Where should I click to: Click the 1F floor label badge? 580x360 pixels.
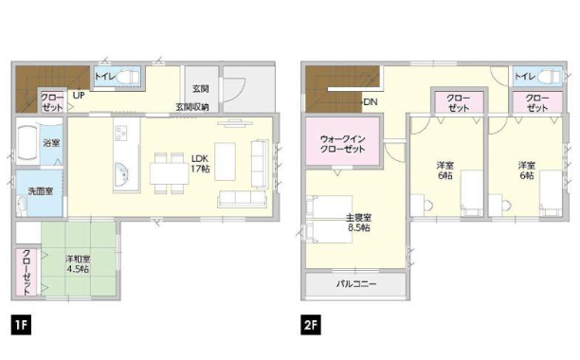click(x=21, y=325)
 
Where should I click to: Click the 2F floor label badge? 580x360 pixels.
click(x=311, y=325)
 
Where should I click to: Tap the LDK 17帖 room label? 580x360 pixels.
click(x=200, y=164)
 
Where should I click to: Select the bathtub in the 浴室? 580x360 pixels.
click(x=27, y=143)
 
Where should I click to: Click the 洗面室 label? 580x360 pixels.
click(x=41, y=191)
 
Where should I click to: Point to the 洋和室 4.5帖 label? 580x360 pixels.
click(x=78, y=264)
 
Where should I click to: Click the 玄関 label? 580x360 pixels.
click(x=201, y=89)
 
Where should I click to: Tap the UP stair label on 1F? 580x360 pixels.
click(x=79, y=96)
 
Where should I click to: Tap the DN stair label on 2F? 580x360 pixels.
click(x=371, y=101)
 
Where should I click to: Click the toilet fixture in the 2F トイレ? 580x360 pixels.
click(x=549, y=77)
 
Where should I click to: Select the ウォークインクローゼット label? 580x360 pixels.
click(x=342, y=144)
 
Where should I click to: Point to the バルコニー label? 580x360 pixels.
click(x=356, y=284)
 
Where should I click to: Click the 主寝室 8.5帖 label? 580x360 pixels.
click(x=359, y=222)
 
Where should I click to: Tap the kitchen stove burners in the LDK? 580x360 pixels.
click(x=121, y=133)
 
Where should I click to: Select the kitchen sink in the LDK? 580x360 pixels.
click(x=122, y=174)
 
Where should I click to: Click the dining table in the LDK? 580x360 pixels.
click(x=169, y=173)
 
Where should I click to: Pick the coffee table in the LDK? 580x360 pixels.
click(x=225, y=161)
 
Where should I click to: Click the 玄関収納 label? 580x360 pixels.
click(x=192, y=107)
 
